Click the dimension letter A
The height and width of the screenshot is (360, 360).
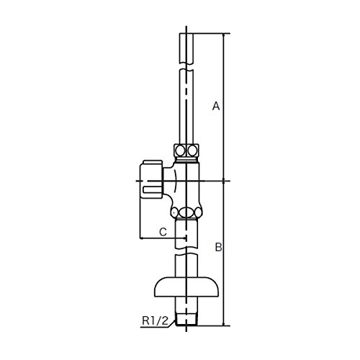click(x=216, y=106)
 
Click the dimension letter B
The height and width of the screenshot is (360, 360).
click(x=218, y=247)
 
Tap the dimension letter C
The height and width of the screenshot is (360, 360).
click(x=163, y=232)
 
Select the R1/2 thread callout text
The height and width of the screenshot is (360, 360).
click(x=156, y=320)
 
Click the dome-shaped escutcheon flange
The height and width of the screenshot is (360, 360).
click(x=186, y=287)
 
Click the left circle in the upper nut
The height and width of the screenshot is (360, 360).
click(x=180, y=150)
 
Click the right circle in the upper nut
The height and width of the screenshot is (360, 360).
click(x=192, y=150)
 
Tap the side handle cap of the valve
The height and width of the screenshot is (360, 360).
click(x=151, y=179)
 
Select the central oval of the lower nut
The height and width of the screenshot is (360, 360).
click(x=186, y=212)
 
